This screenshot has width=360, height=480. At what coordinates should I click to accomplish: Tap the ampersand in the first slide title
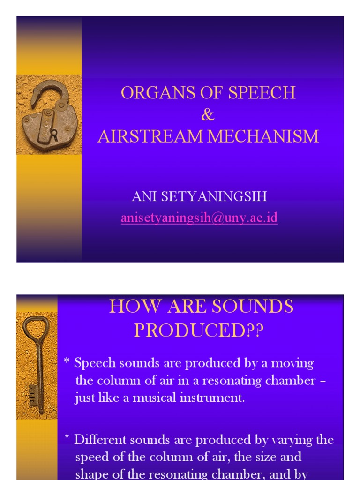208,115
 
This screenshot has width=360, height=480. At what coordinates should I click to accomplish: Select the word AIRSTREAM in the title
150,136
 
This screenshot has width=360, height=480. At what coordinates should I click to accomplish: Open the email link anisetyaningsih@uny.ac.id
199,218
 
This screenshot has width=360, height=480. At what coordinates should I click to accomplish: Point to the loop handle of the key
36,326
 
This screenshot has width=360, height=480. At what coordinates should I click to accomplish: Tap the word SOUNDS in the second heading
253,307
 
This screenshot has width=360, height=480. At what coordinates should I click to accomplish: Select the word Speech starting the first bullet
92,363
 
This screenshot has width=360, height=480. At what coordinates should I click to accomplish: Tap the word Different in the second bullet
97,440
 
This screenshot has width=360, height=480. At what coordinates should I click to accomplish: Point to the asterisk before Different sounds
67,438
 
